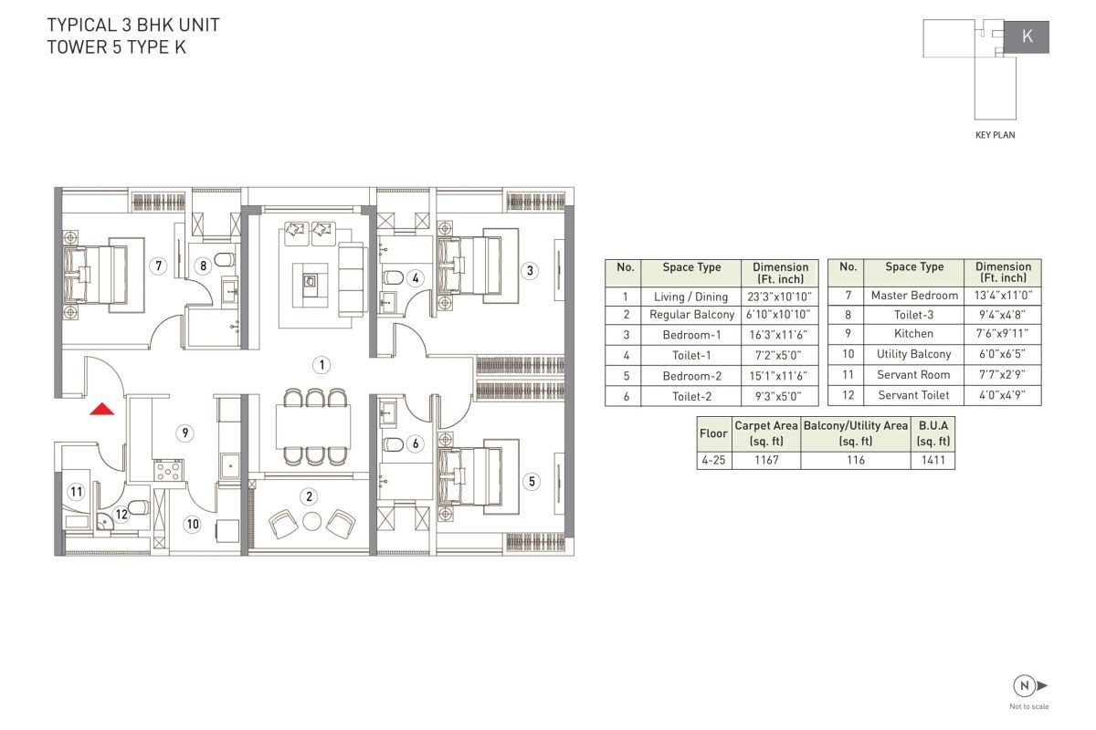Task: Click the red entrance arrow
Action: (x=101, y=409)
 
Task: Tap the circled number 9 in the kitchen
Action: (x=184, y=433)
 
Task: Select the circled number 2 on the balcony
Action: (x=310, y=496)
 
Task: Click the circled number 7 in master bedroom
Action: (x=159, y=266)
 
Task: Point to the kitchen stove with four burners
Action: (x=169, y=470)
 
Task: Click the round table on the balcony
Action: (x=311, y=521)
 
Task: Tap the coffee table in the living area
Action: (x=311, y=285)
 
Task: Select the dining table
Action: (x=313, y=427)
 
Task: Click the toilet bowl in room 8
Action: (x=225, y=259)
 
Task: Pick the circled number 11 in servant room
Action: (x=77, y=492)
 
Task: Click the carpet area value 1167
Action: (x=766, y=460)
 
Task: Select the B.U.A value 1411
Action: (x=933, y=460)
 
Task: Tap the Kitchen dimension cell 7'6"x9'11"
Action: (x=1002, y=333)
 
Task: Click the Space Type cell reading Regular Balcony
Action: (x=691, y=315)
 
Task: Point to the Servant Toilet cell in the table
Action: (x=913, y=395)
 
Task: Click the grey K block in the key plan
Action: (x=1027, y=37)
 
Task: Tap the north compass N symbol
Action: (x=1025, y=685)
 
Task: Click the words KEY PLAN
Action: (x=996, y=135)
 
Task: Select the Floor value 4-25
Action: (x=713, y=460)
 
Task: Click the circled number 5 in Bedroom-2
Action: (x=532, y=482)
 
